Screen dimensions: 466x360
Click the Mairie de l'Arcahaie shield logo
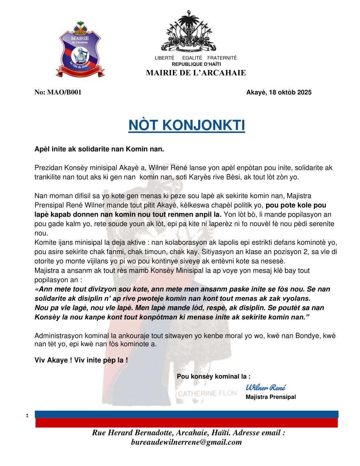pyautogui.click(x=80, y=49)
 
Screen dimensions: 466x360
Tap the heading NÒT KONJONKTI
pyautogui.click(x=186, y=125)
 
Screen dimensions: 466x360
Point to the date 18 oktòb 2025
pyautogui.click(x=290, y=92)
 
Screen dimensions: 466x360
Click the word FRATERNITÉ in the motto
pyautogui.click(x=222, y=58)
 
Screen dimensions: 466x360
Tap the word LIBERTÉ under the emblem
pyautogui.click(x=165, y=58)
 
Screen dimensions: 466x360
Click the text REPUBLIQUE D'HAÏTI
pyautogui.click(x=196, y=64)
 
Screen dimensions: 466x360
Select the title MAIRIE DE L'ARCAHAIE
pyautogui.click(x=196, y=72)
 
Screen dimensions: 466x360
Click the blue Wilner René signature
pyautogui.click(x=266, y=387)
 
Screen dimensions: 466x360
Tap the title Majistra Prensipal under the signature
pyautogui.click(x=270, y=397)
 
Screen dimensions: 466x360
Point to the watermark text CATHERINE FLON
pyautogui.click(x=207, y=394)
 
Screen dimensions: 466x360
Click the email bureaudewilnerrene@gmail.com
pyautogui.click(x=186, y=442)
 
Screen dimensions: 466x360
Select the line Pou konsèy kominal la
pyautogui.click(x=213, y=376)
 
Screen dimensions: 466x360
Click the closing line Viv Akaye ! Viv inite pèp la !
pyautogui.click(x=81, y=360)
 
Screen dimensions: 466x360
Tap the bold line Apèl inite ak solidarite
pyautogui.click(x=99, y=149)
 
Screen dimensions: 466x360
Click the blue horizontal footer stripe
pyautogui.click(x=186, y=414)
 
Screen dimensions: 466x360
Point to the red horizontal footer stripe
pyautogui.click(x=186, y=423)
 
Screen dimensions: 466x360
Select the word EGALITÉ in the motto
pyautogui.click(x=192, y=58)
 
